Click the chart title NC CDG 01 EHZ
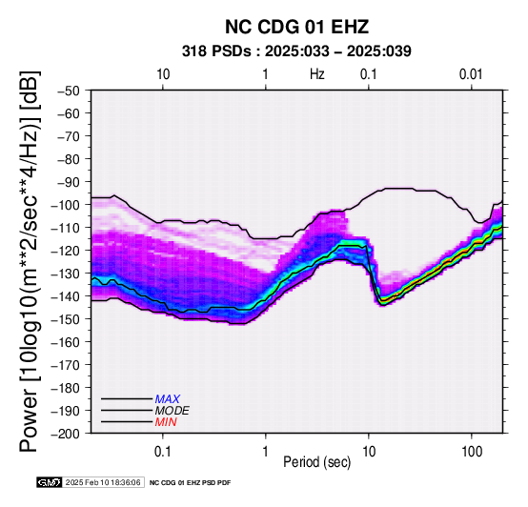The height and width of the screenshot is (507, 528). coord(296,27)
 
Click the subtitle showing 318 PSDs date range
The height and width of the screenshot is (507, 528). coord(296,51)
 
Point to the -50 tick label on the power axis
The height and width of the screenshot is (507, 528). coord(69,91)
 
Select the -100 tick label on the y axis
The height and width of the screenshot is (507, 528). coord(66,205)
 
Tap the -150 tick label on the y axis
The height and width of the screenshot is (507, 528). coord(66,319)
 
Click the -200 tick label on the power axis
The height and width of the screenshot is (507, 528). coord(66,434)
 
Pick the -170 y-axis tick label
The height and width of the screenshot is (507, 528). coord(66,365)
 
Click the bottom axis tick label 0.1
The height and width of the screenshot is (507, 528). coord(163,452)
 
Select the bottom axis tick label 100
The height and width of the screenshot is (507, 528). coord(472,452)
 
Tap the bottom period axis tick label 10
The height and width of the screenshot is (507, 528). coord(369,452)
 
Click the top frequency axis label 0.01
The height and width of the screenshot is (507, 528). coord(471,74)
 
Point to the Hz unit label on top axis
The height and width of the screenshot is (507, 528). coord(317,74)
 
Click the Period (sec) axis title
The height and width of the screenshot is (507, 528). coord(317,462)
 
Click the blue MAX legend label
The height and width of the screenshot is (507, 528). coord(168,399)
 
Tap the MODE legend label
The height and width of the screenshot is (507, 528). coord(173,411)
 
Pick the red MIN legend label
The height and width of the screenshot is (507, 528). coord(166,422)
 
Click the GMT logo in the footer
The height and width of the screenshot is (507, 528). coord(50,482)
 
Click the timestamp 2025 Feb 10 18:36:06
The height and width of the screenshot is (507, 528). coord(103,482)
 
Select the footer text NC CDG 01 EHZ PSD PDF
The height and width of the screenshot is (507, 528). coord(191,483)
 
